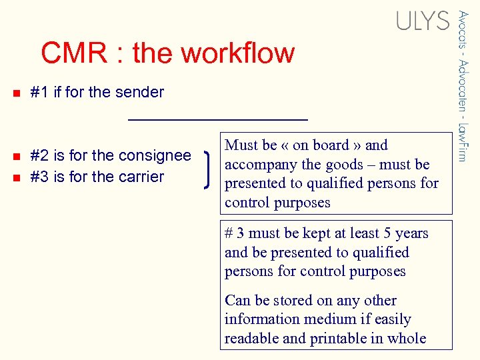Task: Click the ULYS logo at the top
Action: coord(423,21)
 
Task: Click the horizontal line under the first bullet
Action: coord(217,119)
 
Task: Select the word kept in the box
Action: coord(306,233)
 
